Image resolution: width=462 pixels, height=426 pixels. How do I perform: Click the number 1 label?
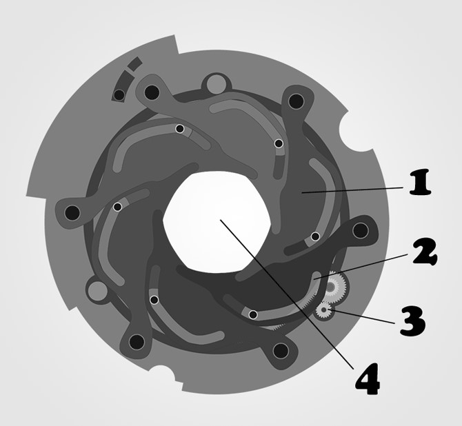(420, 183)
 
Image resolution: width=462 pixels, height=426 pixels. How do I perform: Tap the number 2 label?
(425, 252)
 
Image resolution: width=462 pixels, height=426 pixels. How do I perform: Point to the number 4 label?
(367, 379)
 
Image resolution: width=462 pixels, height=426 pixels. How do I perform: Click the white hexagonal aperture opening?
(217, 221)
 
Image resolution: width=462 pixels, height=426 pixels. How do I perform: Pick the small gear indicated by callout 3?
(324, 310)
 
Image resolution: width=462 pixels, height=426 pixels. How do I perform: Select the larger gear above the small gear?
(331, 287)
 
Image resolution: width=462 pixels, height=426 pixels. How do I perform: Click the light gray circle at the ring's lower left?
(97, 291)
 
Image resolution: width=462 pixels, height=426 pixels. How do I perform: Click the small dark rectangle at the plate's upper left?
(134, 63)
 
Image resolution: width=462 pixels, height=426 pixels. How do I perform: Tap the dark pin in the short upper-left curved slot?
(119, 95)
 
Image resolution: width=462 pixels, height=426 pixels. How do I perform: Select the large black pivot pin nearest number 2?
(361, 230)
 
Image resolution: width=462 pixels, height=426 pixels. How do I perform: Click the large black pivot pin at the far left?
(72, 212)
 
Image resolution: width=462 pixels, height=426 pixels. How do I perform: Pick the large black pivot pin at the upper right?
(296, 101)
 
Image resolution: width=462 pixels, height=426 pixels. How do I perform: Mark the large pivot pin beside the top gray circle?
(152, 92)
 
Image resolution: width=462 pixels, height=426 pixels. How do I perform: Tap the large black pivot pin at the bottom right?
(281, 351)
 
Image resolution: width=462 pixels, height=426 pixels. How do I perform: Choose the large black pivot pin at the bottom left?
(137, 342)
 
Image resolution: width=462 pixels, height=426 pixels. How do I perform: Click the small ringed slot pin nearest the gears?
(253, 314)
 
